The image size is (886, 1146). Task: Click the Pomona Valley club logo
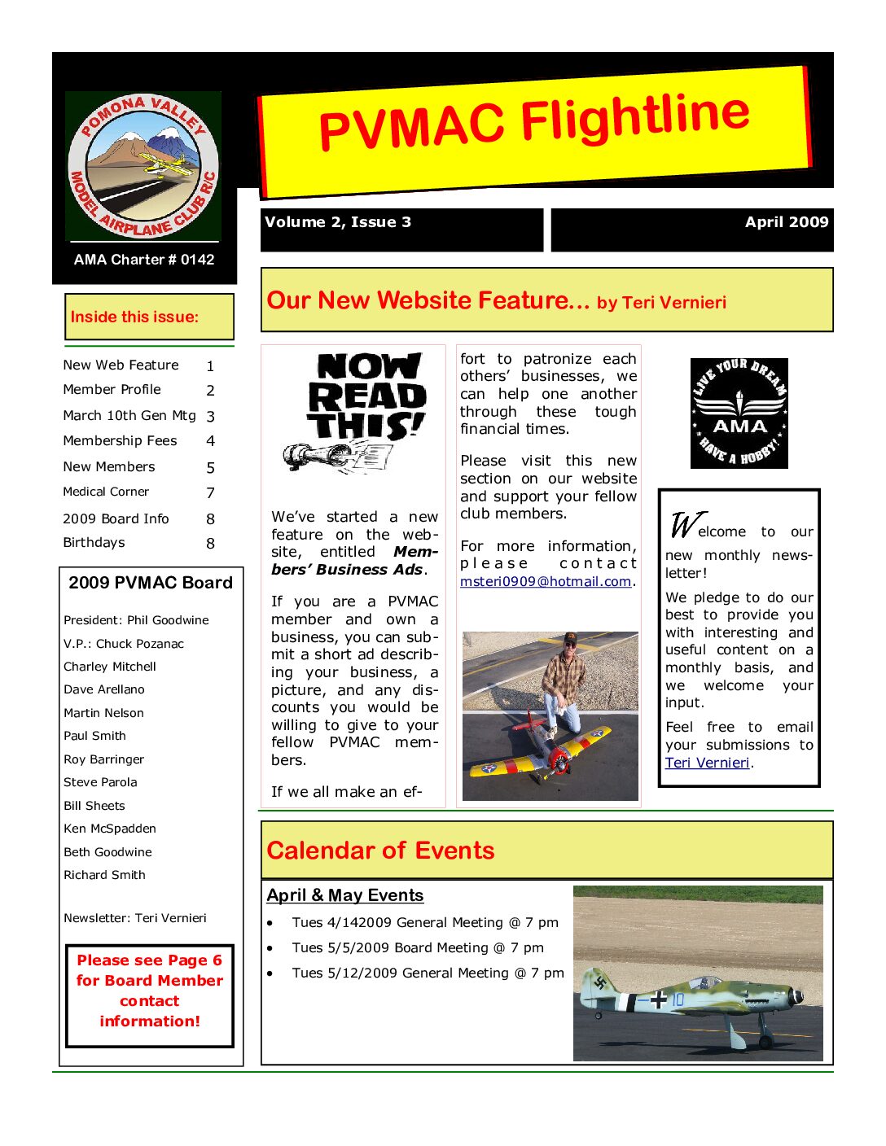point(143,166)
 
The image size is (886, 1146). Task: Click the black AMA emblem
point(739,413)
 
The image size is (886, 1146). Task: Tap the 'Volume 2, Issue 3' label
point(338,222)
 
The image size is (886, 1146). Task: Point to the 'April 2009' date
point(786,222)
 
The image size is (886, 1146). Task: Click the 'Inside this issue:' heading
point(134,317)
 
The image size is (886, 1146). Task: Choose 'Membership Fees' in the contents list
point(120,441)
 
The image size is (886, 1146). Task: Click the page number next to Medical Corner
point(210,493)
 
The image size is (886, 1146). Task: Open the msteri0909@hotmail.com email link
point(546,582)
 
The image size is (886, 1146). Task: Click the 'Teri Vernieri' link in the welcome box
point(707,763)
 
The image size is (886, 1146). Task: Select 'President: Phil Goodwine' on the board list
point(136,620)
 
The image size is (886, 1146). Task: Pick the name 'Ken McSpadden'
point(110,829)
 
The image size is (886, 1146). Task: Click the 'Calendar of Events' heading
point(380,851)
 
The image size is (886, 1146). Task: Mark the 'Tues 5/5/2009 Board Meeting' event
point(418,948)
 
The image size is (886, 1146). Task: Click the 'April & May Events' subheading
point(345,895)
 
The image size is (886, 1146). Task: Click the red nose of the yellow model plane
point(559,760)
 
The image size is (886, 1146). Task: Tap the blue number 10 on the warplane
point(678,999)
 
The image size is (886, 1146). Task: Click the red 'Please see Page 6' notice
point(150,991)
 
